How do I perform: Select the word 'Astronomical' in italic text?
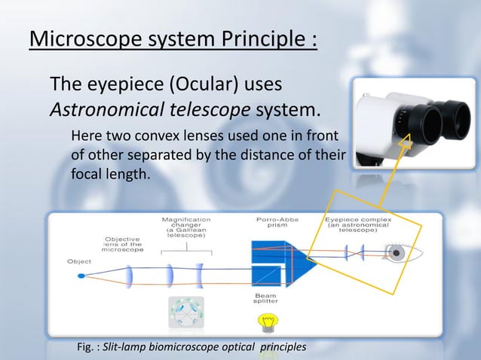(99, 111)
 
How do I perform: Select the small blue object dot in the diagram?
(81, 276)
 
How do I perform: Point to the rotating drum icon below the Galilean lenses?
(185, 313)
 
